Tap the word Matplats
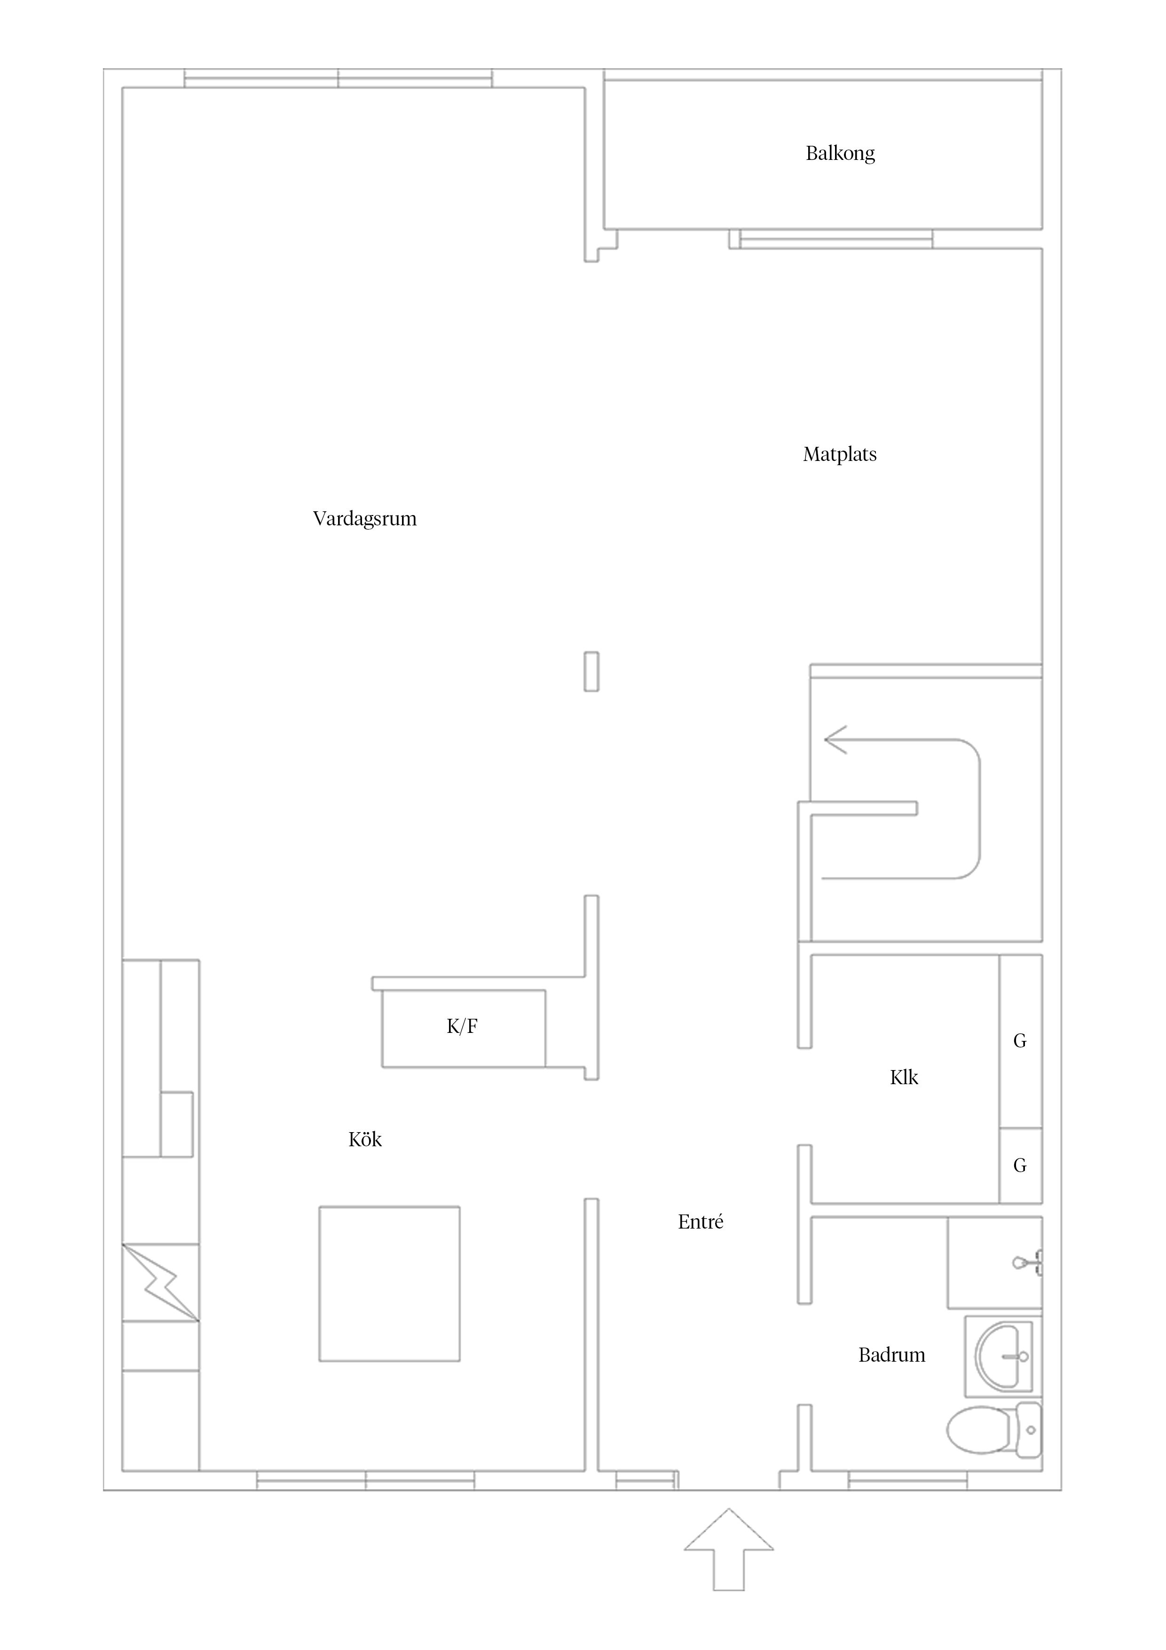click(840, 454)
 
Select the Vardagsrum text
click(364, 519)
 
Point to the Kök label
click(365, 1139)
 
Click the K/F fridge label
click(462, 1026)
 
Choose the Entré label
click(701, 1222)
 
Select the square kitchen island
click(389, 1284)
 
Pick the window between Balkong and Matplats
click(836, 239)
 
